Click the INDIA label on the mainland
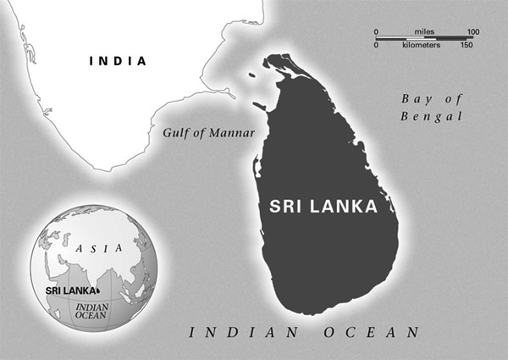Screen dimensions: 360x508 click(x=118, y=61)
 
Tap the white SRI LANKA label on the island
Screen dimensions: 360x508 click(x=322, y=206)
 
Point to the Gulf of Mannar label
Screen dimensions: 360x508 click(x=208, y=133)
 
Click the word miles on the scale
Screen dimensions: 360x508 click(x=425, y=32)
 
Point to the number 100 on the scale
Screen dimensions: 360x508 click(x=473, y=32)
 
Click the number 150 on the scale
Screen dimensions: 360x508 click(x=467, y=44)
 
